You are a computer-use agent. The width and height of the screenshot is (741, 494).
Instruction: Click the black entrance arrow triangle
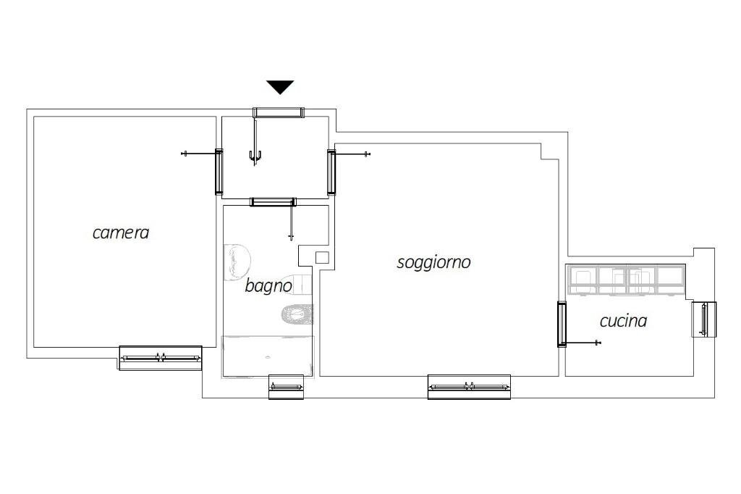[x=280, y=87]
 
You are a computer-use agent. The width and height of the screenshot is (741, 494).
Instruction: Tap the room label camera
[x=121, y=233]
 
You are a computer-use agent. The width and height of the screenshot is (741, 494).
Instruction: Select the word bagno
[x=268, y=285]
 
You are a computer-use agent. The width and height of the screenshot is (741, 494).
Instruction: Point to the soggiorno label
[x=433, y=261]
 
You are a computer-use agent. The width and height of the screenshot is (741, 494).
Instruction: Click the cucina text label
[x=623, y=320]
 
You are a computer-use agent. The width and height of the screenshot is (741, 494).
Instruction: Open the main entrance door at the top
[x=278, y=112]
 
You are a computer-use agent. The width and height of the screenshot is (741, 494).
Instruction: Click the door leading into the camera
[x=219, y=172]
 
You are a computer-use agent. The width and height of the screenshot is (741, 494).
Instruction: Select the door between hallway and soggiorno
[x=331, y=172]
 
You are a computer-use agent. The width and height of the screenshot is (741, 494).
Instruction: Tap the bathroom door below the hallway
[x=273, y=201]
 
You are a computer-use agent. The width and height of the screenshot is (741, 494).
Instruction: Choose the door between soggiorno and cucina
[x=562, y=324]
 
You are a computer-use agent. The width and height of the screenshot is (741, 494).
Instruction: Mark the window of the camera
[x=160, y=357]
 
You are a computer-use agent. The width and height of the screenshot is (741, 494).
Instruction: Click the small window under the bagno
[x=286, y=387]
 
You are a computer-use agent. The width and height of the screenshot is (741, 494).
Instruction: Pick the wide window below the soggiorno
[x=469, y=387]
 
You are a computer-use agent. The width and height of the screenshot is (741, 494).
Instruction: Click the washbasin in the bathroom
[x=236, y=262]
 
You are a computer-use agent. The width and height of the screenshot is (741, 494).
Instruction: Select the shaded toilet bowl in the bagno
[x=298, y=314]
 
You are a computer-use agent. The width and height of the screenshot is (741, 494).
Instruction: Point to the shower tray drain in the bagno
[x=268, y=357]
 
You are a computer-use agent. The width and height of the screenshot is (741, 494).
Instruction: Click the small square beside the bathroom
[x=323, y=256]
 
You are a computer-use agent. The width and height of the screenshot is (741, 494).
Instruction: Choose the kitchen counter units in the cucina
[x=627, y=280]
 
